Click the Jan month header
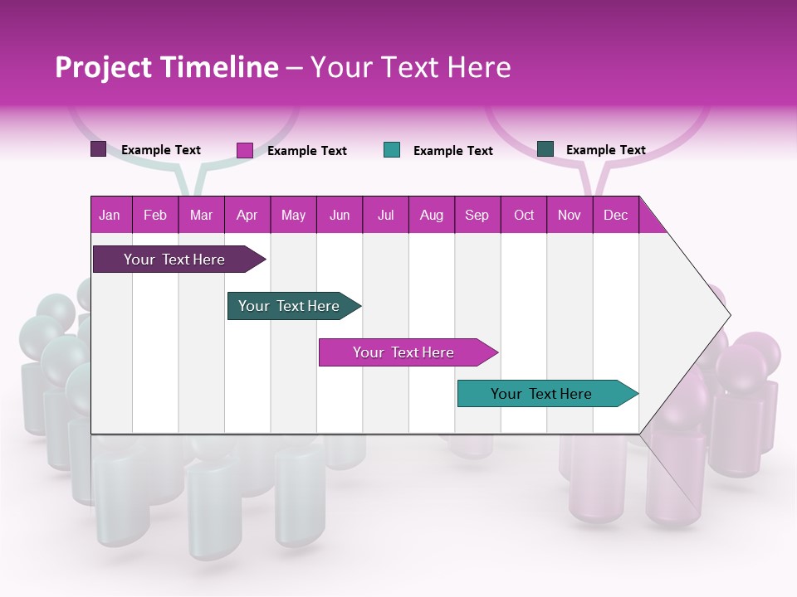point(110,215)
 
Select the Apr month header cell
point(247,215)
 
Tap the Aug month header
point(431,215)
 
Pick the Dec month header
point(615,215)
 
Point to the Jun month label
point(339,215)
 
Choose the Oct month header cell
point(523,215)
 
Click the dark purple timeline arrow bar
point(175,260)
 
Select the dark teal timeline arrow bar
point(290,306)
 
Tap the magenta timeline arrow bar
point(404,352)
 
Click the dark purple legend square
point(98,149)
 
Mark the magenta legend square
point(244,150)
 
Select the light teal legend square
point(392,150)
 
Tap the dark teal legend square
point(545,149)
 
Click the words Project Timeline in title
point(166,67)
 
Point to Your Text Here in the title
point(411,67)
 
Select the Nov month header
point(569,215)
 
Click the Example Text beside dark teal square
point(605,150)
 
